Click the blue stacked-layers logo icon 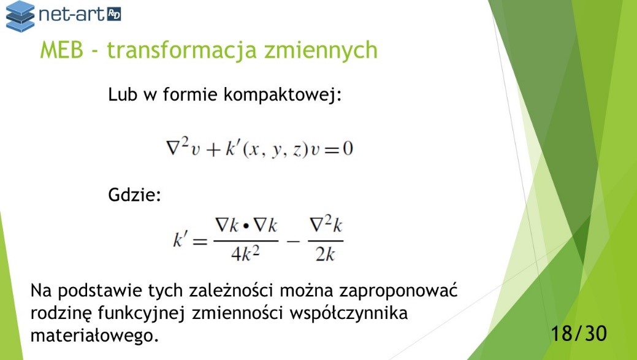pyautogui.click(x=20, y=16)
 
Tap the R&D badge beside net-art pyautogui.click(x=114, y=15)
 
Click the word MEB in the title pyautogui.click(x=62, y=50)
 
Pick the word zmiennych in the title pyautogui.click(x=321, y=51)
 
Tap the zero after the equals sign pyautogui.click(x=348, y=148)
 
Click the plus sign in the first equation pyautogui.click(x=213, y=150)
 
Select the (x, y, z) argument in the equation pyautogui.click(x=274, y=150)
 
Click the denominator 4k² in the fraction pyautogui.click(x=245, y=254)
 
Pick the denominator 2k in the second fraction pyautogui.click(x=325, y=255)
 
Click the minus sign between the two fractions pyautogui.click(x=293, y=242)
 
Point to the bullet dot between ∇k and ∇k pyautogui.click(x=245, y=226)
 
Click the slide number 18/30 pyautogui.click(x=579, y=333)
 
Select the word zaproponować pyautogui.click(x=398, y=291)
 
